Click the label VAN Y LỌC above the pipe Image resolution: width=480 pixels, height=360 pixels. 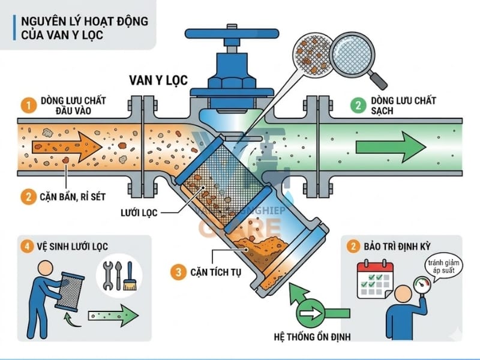(158, 79)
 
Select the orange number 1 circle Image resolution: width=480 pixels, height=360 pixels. (26, 106)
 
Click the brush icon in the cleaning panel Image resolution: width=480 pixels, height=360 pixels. (128, 277)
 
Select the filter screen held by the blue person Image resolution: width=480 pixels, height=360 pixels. (64, 290)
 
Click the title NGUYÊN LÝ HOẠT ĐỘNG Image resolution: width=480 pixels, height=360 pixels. (84, 21)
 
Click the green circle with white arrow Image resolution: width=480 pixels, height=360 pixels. (311, 313)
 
